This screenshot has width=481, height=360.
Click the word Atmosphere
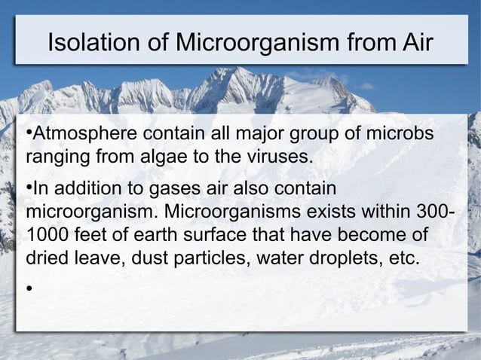click(84, 137)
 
